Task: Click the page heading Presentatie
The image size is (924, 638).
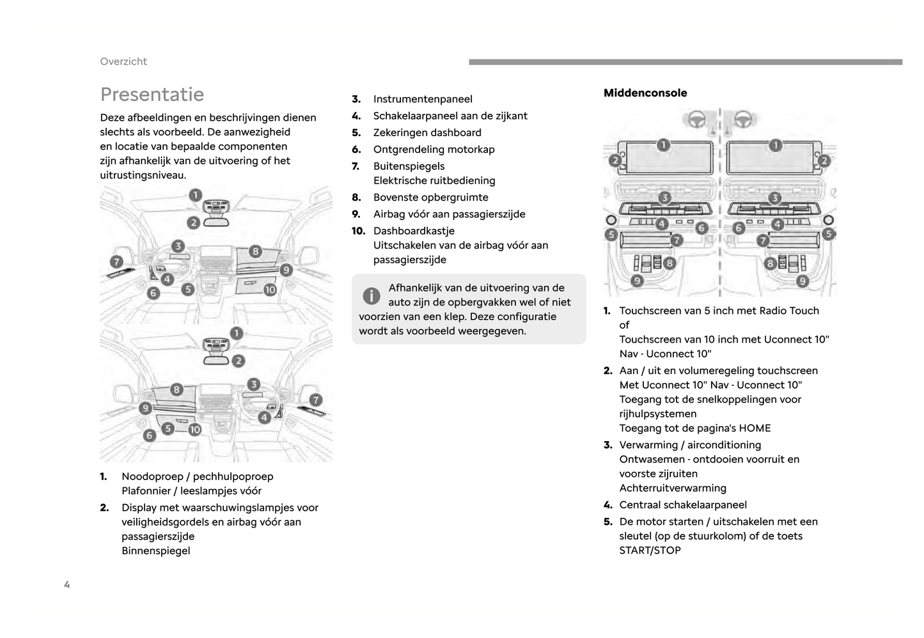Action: click(152, 95)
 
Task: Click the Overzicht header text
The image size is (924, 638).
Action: click(123, 61)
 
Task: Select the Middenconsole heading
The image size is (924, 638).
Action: click(645, 93)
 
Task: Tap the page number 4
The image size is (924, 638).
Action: click(67, 584)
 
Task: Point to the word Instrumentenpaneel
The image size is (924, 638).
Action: click(423, 99)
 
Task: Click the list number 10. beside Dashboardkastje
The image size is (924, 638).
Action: click(358, 231)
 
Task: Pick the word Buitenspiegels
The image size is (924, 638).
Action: click(409, 166)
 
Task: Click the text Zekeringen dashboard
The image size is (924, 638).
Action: click(427, 133)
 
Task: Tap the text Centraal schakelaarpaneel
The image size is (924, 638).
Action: click(683, 505)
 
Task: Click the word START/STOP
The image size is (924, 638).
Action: click(650, 550)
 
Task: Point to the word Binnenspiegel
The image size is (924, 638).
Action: click(156, 551)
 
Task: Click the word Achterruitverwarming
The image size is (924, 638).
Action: click(673, 488)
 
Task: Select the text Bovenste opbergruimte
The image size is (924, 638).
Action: click(430, 198)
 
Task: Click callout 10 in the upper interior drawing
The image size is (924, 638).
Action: click(270, 290)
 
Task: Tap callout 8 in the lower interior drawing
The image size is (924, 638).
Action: click(176, 389)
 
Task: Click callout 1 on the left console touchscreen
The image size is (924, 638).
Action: click(663, 145)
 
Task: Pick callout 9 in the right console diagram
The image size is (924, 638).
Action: click(803, 281)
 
